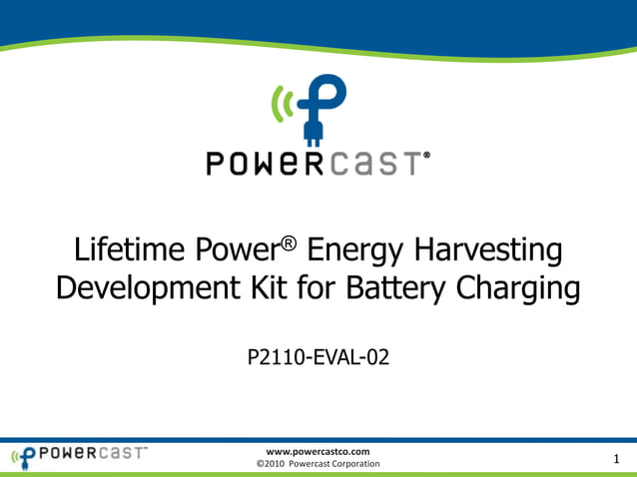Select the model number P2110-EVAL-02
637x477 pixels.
pyautogui.click(x=318, y=356)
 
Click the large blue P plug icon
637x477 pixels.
pyautogui.click(x=321, y=110)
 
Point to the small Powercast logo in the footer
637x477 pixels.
pyautogui.click(x=78, y=456)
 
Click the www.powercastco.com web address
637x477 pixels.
pyautogui.click(x=318, y=452)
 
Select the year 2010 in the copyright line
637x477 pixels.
pyautogui.click(x=277, y=464)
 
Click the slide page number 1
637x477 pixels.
pyautogui.click(x=617, y=459)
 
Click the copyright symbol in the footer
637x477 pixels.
pyautogui.click(x=261, y=464)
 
